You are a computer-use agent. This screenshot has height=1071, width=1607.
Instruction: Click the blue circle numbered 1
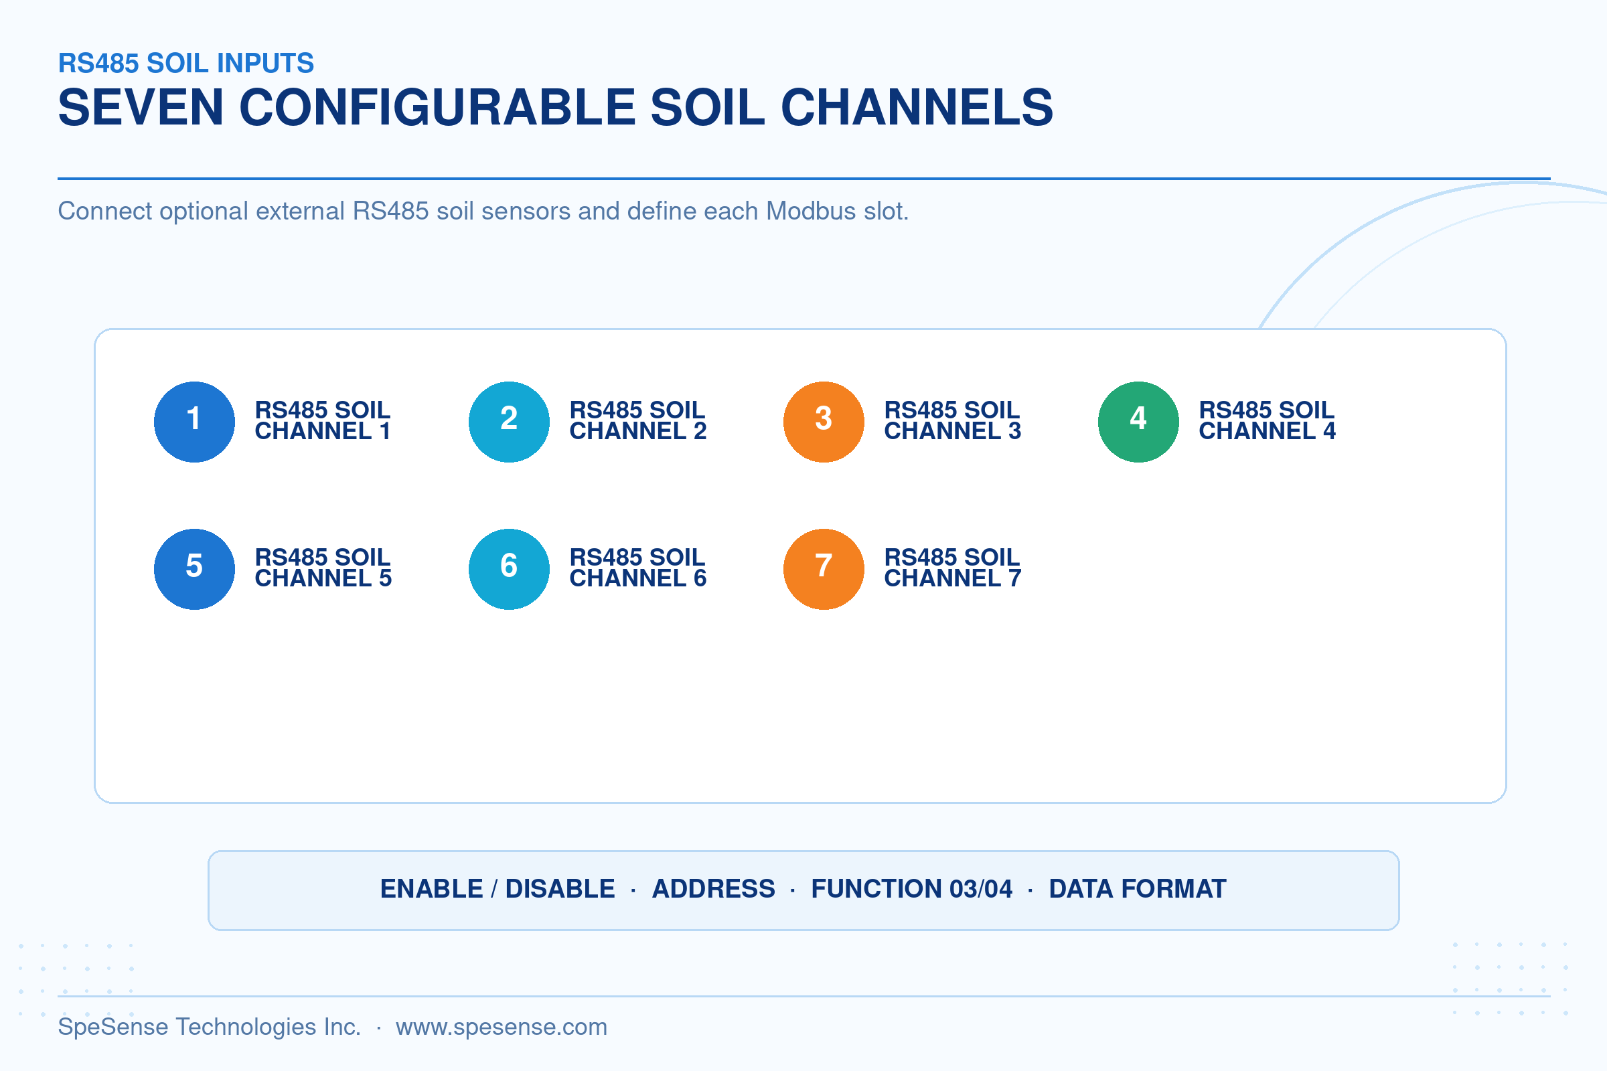click(x=195, y=422)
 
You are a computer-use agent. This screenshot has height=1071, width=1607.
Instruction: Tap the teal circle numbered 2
click(x=509, y=422)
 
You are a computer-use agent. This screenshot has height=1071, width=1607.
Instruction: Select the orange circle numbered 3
click(x=824, y=422)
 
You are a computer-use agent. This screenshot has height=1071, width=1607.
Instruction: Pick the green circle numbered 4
click(x=1138, y=422)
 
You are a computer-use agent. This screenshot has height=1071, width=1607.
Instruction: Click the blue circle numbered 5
click(x=195, y=569)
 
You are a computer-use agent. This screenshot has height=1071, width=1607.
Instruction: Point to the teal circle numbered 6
click(x=509, y=569)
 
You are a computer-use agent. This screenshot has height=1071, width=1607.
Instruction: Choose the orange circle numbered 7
click(x=824, y=569)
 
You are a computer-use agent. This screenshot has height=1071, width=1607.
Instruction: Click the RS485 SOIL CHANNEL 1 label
click(x=323, y=420)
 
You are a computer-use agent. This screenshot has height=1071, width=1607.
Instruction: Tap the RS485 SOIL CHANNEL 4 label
click(x=1267, y=420)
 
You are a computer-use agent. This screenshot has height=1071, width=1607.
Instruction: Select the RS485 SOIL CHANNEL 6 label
click(x=637, y=568)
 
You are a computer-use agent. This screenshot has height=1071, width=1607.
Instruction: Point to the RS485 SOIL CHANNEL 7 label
click(x=952, y=568)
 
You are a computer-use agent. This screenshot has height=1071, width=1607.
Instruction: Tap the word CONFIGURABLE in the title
click(x=437, y=107)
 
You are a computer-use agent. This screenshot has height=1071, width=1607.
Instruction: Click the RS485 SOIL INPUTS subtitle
click(x=186, y=63)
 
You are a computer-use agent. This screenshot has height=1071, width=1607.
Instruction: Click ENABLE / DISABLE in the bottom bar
click(x=498, y=889)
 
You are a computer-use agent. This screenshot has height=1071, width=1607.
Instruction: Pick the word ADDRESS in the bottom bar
click(x=713, y=889)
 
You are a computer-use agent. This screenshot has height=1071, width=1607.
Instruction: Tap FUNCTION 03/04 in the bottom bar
click(x=911, y=889)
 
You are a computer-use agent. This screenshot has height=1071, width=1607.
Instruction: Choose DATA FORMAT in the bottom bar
click(x=1138, y=889)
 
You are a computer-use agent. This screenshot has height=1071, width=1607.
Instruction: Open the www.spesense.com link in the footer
click(x=502, y=1027)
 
